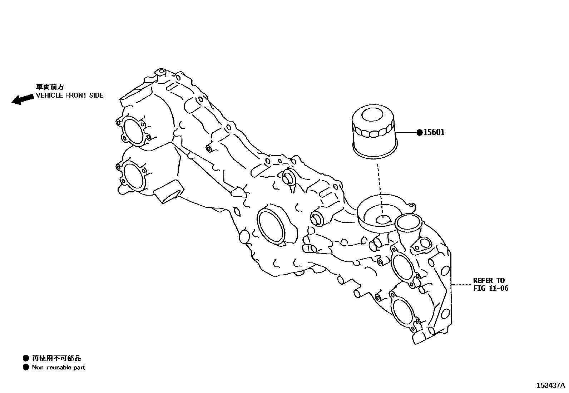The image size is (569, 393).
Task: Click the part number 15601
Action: (x=434, y=132)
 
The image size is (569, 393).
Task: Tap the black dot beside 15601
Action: (x=420, y=133)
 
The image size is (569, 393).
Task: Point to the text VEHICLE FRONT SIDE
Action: (x=70, y=95)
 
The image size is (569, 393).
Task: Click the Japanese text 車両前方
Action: (x=50, y=87)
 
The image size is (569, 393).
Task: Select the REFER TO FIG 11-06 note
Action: (x=490, y=284)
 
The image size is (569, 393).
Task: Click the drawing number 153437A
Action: (x=550, y=385)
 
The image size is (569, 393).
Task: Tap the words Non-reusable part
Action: (x=59, y=367)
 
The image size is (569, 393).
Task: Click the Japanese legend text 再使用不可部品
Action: (x=56, y=358)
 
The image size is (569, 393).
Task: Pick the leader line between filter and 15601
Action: (x=406, y=133)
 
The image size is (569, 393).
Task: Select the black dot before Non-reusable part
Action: (x=25, y=367)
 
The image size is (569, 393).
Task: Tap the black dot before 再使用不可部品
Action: (x=25, y=358)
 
